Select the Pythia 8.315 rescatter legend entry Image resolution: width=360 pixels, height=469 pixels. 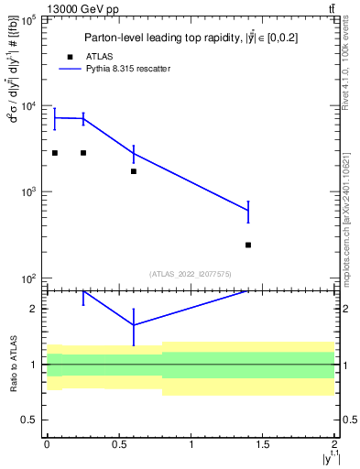coord(127,69)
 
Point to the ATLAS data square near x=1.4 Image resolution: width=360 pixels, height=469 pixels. coord(248,245)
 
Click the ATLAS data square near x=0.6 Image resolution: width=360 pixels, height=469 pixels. coord(134,171)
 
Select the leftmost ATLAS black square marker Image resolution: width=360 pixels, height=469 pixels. coord(55,153)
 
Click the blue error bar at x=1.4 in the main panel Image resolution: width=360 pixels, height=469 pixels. coord(248,212)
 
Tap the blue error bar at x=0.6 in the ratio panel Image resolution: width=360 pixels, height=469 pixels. coord(134,326)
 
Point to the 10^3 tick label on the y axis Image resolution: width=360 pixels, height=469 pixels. coord(28,192)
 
